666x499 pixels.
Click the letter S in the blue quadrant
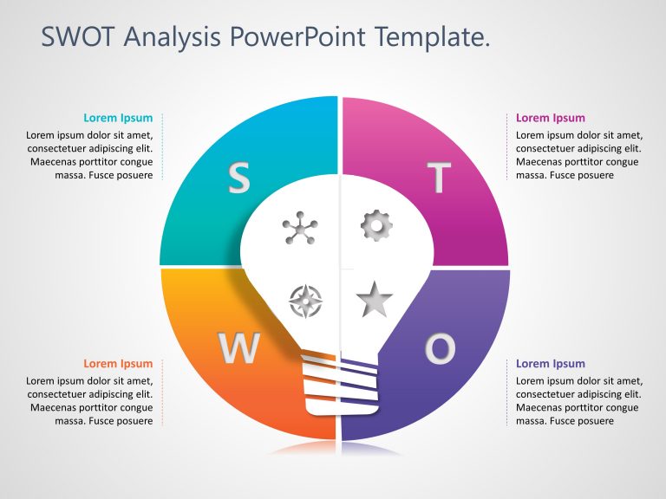(238, 178)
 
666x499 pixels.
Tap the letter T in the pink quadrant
(439, 178)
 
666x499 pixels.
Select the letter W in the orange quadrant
(238, 348)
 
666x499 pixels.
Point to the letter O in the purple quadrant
(440, 348)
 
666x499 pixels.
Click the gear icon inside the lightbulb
(376, 225)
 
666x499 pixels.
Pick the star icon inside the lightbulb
(375, 300)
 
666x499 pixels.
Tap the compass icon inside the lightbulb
(306, 301)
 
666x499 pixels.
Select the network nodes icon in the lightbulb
(300, 229)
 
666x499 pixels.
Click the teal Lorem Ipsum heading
(118, 118)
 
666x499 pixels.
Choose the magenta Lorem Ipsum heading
(550, 118)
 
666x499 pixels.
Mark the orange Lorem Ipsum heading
(118, 364)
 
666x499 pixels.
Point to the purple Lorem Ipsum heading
(550, 364)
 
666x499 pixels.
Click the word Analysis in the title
(172, 37)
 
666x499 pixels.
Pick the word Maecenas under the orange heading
(54, 407)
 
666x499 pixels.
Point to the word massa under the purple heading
(532, 421)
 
